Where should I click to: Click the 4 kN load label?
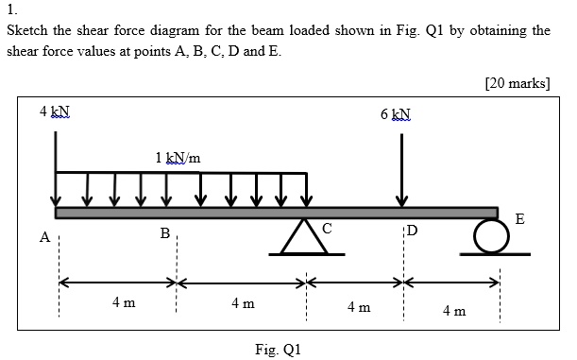(54, 112)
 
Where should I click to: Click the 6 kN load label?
(397, 115)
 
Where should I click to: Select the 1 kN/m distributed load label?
(178, 157)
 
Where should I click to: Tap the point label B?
(164, 232)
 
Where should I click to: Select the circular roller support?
(489, 235)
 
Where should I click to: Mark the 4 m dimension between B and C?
(243, 303)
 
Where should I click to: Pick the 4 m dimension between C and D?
(358, 308)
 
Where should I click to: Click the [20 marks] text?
(517, 82)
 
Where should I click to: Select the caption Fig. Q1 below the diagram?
(278, 350)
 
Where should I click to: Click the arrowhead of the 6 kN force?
(402, 200)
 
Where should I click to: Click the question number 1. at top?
(10, 11)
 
